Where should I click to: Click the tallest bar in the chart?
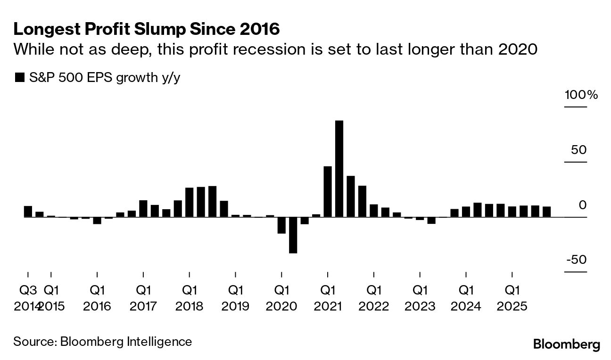tap(339, 169)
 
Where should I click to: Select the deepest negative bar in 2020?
tap(293, 235)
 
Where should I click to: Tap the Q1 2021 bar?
tap(328, 191)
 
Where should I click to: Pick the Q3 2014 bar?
tap(28, 212)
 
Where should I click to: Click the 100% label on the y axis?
tap(581, 95)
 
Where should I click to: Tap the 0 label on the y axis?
tap(583, 205)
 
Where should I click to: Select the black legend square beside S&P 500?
tap(19, 78)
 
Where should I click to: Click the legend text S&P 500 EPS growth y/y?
tap(103, 78)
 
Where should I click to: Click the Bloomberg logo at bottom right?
tap(566, 344)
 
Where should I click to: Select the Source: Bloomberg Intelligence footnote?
tap(103, 342)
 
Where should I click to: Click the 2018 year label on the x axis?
tap(189, 307)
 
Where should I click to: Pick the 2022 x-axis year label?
tap(374, 307)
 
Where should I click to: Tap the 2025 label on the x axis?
tap(512, 307)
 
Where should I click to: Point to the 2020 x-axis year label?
tap(281, 307)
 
